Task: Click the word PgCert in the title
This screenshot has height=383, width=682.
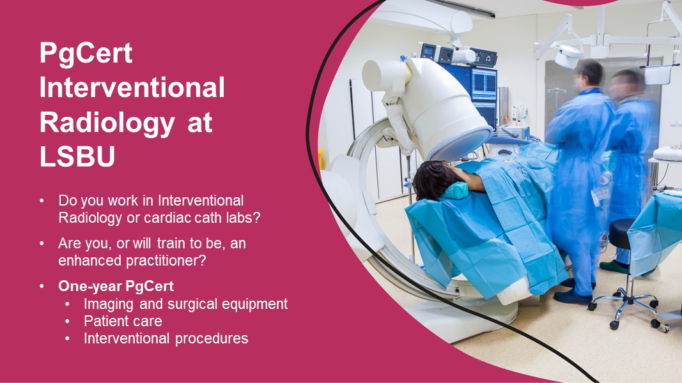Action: (86, 54)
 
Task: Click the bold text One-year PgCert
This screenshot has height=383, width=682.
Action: (116, 286)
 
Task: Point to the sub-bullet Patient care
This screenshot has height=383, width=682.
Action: (123, 321)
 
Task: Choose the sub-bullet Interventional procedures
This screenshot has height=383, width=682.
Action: (166, 338)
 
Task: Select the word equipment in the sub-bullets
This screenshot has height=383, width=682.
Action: (253, 304)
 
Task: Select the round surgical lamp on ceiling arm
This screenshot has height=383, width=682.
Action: (568, 56)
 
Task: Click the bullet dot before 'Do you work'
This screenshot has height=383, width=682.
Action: (42, 201)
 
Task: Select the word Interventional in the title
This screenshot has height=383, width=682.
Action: (132, 88)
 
